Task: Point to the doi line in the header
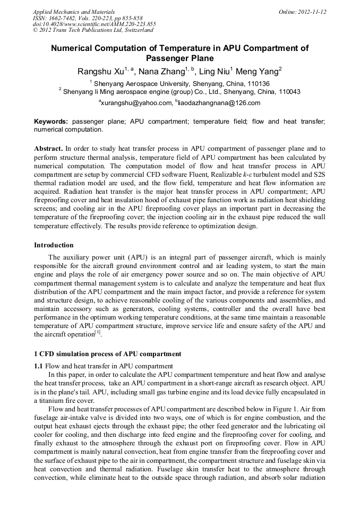click(94, 24)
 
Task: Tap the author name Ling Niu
click(218, 72)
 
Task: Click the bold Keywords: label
click(51, 122)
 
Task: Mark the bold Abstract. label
click(48, 149)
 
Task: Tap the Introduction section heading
click(54, 245)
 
